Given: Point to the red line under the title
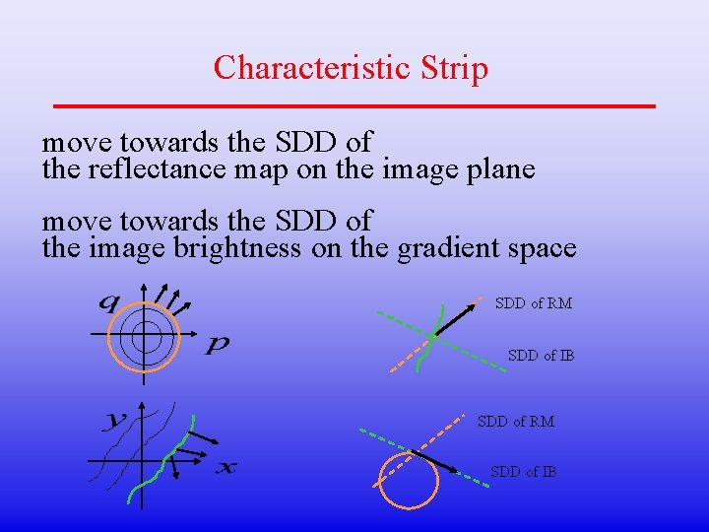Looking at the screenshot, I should click(x=354, y=104).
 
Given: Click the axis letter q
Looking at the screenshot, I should click(x=107, y=302).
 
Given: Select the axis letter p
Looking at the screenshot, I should click(x=218, y=345).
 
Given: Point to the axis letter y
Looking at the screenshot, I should click(x=115, y=421).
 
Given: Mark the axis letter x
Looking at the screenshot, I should click(x=226, y=466).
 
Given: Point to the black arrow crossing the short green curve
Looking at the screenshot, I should click(x=454, y=315).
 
